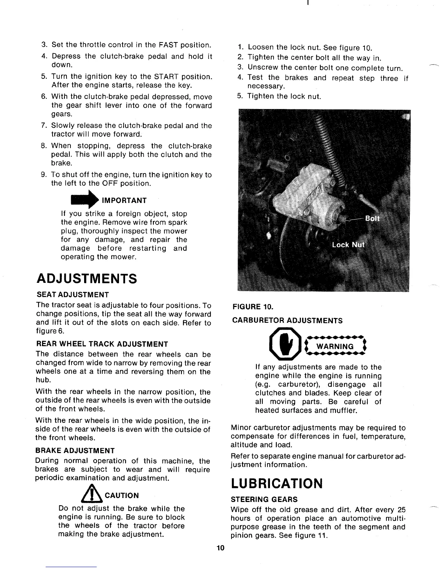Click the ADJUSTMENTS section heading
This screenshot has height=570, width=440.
coord(87,278)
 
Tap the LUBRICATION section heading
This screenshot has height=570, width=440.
coord(277,483)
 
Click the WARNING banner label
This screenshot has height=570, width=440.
coord(335,346)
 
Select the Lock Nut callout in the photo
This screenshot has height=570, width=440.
coord(348,245)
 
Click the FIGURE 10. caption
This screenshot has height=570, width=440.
coord(253,307)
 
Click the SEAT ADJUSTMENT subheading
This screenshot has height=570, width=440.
coord(72,295)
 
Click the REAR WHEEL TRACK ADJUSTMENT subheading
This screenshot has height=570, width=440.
coord(102,344)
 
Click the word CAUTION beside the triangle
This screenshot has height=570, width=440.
coord(121,496)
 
